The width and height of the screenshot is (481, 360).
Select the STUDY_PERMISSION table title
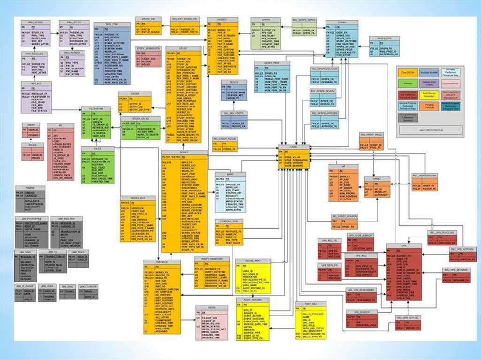[x=148, y=48]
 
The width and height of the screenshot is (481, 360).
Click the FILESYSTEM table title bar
[x=96, y=109]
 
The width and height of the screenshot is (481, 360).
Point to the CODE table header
[x=294, y=146]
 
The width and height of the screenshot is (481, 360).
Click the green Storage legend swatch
[x=407, y=84]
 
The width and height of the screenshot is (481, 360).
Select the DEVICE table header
[x=234, y=82]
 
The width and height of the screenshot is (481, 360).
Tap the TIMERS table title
[x=29, y=188]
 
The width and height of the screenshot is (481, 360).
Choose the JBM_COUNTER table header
[x=88, y=286]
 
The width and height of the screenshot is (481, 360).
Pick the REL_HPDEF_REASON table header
[x=344, y=216]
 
